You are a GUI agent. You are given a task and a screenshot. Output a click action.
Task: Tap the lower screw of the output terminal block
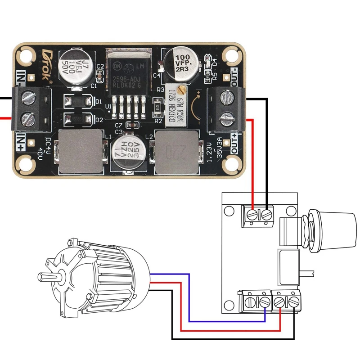(226, 119)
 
